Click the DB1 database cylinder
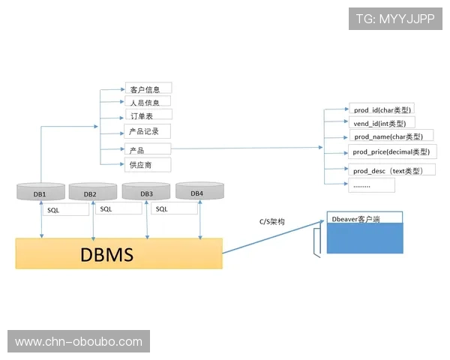40,193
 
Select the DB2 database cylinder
92,193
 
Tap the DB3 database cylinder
146,193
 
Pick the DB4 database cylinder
196,192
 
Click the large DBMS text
107,254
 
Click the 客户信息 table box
148,88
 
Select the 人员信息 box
148,102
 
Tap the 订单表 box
148,115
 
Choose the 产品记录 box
148,131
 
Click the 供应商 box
148,164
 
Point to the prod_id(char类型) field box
380,109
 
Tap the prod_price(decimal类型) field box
391,152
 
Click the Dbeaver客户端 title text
355,220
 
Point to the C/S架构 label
271,222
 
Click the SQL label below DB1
54,210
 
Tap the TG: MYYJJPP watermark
395,19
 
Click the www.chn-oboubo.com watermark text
78,342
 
